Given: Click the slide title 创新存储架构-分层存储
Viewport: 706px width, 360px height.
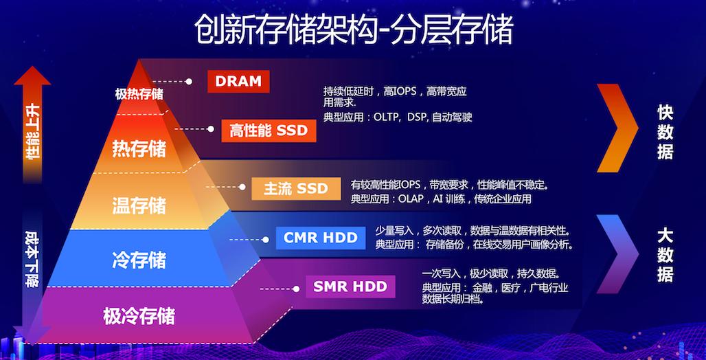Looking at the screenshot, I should (x=352, y=31).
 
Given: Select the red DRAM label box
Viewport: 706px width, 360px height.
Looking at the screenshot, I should (x=238, y=81).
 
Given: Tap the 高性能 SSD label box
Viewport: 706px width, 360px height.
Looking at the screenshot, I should (x=269, y=130).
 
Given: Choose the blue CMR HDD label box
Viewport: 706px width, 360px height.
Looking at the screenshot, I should (x=321, y=238).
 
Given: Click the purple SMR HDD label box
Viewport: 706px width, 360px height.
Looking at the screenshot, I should (x=350, y=286).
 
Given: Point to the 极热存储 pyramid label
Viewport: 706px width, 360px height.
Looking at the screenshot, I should (x=139, y=94).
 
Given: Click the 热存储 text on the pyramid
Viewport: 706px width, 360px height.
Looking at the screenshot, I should (x=139, y=148).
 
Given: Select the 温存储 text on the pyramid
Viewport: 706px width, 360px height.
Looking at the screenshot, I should (x=139, y=205).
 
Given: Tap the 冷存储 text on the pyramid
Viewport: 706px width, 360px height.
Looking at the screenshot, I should (x=139, y=260).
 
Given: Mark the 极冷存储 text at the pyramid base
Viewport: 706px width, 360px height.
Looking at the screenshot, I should (x=139, y=316).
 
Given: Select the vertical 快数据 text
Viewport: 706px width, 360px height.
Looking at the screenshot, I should (x=664, y=132).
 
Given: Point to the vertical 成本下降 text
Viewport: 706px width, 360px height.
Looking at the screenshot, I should (x=32, y=258).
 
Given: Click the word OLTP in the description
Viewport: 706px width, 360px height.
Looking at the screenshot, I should (x=388, y=117).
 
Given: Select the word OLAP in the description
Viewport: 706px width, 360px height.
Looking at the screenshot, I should (x=411, y=199).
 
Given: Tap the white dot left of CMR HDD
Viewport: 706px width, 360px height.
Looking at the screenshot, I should (x=266, y=239).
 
